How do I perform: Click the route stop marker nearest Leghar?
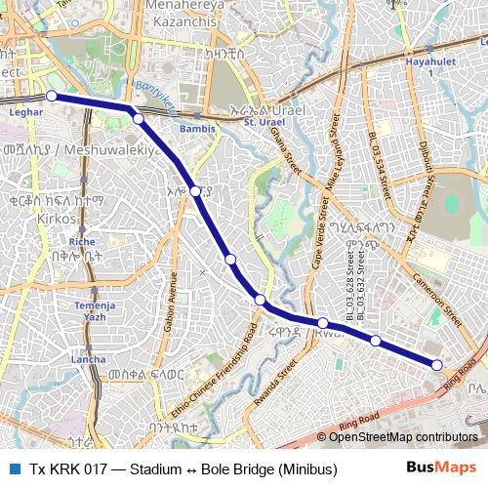[51, 96]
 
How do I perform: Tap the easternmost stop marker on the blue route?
[437, 364]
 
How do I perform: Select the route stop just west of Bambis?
[138, 118]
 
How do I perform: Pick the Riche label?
[82, 240]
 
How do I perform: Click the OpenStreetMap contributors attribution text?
[405, 437]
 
